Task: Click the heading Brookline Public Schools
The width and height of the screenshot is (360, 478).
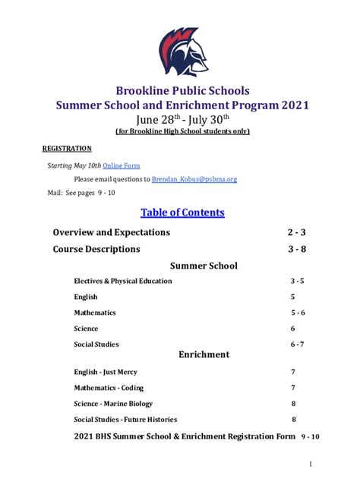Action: [182, 91]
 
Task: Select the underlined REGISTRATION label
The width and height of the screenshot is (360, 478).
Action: [66, 149]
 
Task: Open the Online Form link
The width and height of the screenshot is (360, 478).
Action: [122, 165]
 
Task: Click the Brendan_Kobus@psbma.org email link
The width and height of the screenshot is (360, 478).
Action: [194, 179]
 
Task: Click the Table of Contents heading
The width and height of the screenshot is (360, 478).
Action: [182, 212]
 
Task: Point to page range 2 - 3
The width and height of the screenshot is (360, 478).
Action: [295, 232]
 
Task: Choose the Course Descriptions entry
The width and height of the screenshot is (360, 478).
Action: [96, 249]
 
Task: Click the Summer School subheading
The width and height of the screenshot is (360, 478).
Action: [203, 266]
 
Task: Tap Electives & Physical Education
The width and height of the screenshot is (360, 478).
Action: [122, 281]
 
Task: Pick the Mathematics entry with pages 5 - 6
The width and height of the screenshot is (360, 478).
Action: [94, 313]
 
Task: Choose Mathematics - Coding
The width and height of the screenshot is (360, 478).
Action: [109, 388]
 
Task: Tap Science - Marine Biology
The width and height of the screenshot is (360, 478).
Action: [113, 404]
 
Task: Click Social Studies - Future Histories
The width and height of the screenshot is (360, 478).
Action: [125, 420]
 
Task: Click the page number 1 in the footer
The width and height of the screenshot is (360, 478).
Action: [311, 464]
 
